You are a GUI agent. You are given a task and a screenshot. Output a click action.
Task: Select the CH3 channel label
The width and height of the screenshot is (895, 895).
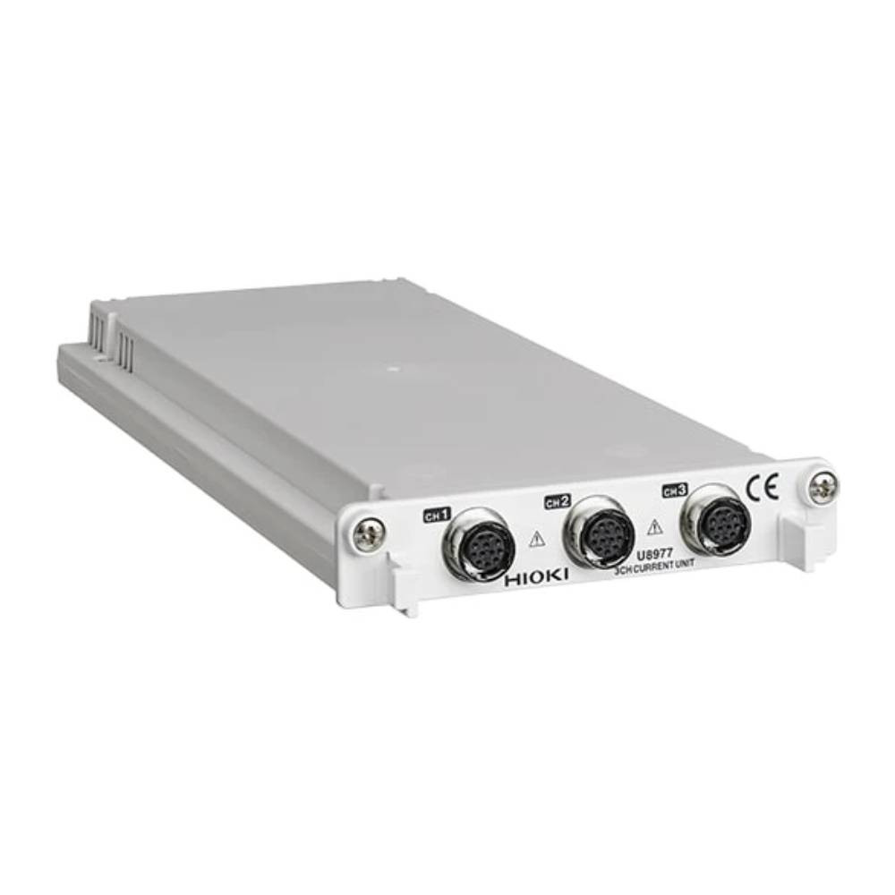674,490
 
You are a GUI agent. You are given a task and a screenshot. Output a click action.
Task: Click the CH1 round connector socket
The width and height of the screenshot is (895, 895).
480,544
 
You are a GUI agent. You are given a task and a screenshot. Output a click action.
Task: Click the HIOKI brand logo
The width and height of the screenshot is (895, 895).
536,579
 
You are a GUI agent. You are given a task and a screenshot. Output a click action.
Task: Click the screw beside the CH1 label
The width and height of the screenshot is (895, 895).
366,535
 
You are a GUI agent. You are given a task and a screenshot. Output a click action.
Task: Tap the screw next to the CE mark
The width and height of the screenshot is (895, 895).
823,486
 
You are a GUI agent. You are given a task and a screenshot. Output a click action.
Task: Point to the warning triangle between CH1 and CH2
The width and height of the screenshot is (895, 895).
537,538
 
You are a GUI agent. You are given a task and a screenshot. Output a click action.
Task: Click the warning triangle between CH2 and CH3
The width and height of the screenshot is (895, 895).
654,526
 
